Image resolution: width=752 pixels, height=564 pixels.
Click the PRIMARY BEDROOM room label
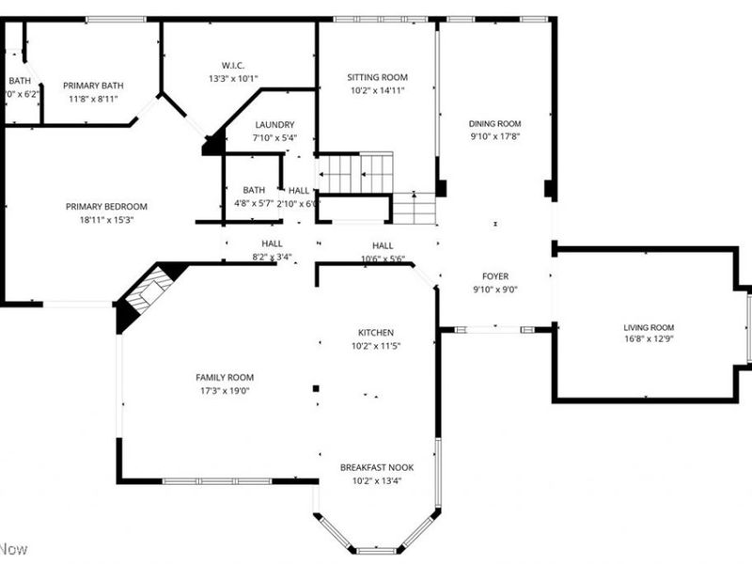[x=106, y=207]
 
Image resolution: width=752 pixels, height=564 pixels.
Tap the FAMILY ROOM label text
[x=225, y=377]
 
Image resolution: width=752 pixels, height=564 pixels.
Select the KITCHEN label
[x=375, y=333]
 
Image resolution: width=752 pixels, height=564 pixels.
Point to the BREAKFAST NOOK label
[x=376, y=467]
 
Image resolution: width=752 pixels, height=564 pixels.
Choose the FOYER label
[x=494, y=276]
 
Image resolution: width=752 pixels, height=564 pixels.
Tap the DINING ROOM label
[x=494, y=123]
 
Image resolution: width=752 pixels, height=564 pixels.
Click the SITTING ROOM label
[x=377, y=77]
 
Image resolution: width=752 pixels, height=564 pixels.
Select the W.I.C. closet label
[x=233, y=65]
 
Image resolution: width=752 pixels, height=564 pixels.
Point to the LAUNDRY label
[x=274, y=124]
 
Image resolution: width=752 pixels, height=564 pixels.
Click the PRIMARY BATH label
[x=93, y=86]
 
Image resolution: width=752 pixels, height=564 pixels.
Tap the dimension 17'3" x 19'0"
[x=225, y=390]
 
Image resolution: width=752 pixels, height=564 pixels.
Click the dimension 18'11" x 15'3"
[x=106, y=220]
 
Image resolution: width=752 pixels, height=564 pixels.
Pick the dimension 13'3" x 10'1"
[x=233, y=78]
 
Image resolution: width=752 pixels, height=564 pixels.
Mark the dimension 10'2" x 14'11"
[x=377, y=90]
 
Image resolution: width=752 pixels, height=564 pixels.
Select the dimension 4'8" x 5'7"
[x=254, y=202]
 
